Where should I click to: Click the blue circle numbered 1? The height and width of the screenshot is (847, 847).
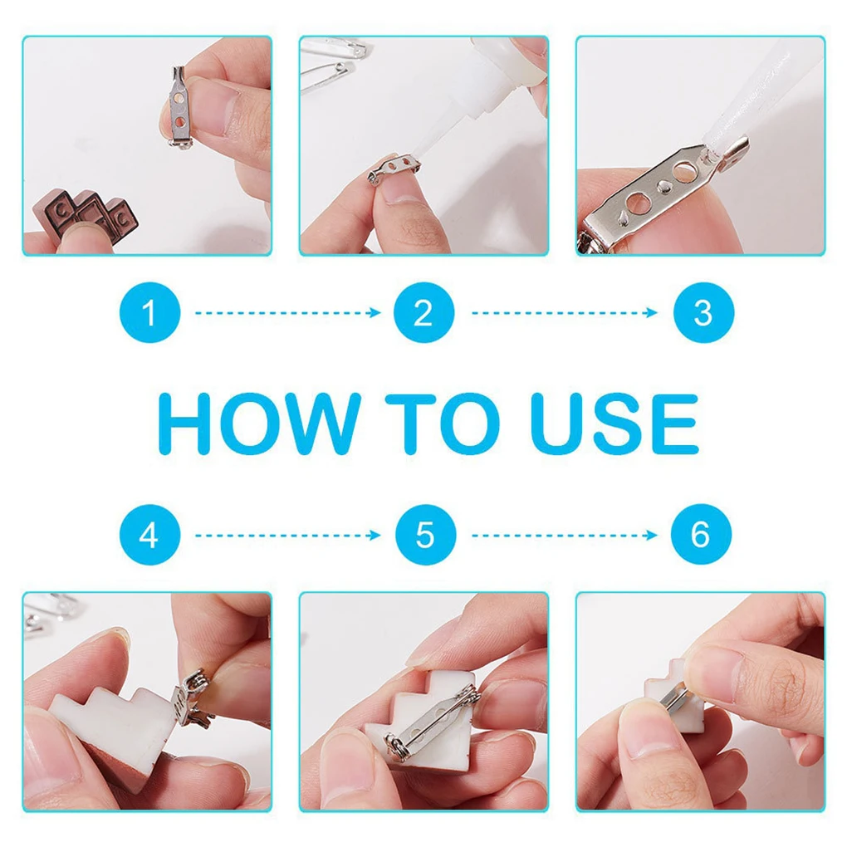coord(149,312)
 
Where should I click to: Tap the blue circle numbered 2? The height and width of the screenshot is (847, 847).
coord(424,312)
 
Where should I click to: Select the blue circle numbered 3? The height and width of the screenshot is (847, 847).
coord(703,312)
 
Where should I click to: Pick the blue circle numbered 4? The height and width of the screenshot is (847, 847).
coord(149,535)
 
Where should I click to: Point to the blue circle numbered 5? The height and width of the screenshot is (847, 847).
coord(426,535)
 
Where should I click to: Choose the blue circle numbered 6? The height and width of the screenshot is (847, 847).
coord(701,534)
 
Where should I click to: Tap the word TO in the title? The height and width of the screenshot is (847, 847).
coord(443,423)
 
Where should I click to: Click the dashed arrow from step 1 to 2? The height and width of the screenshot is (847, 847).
coord(288,313)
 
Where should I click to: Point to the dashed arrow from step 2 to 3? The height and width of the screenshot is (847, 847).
coord(565,313)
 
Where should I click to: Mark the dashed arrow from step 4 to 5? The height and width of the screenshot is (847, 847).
coord(288,536)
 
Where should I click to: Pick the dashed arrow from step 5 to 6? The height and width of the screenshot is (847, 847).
coord(565,536)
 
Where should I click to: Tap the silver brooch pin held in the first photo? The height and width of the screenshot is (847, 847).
coord(179,106)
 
